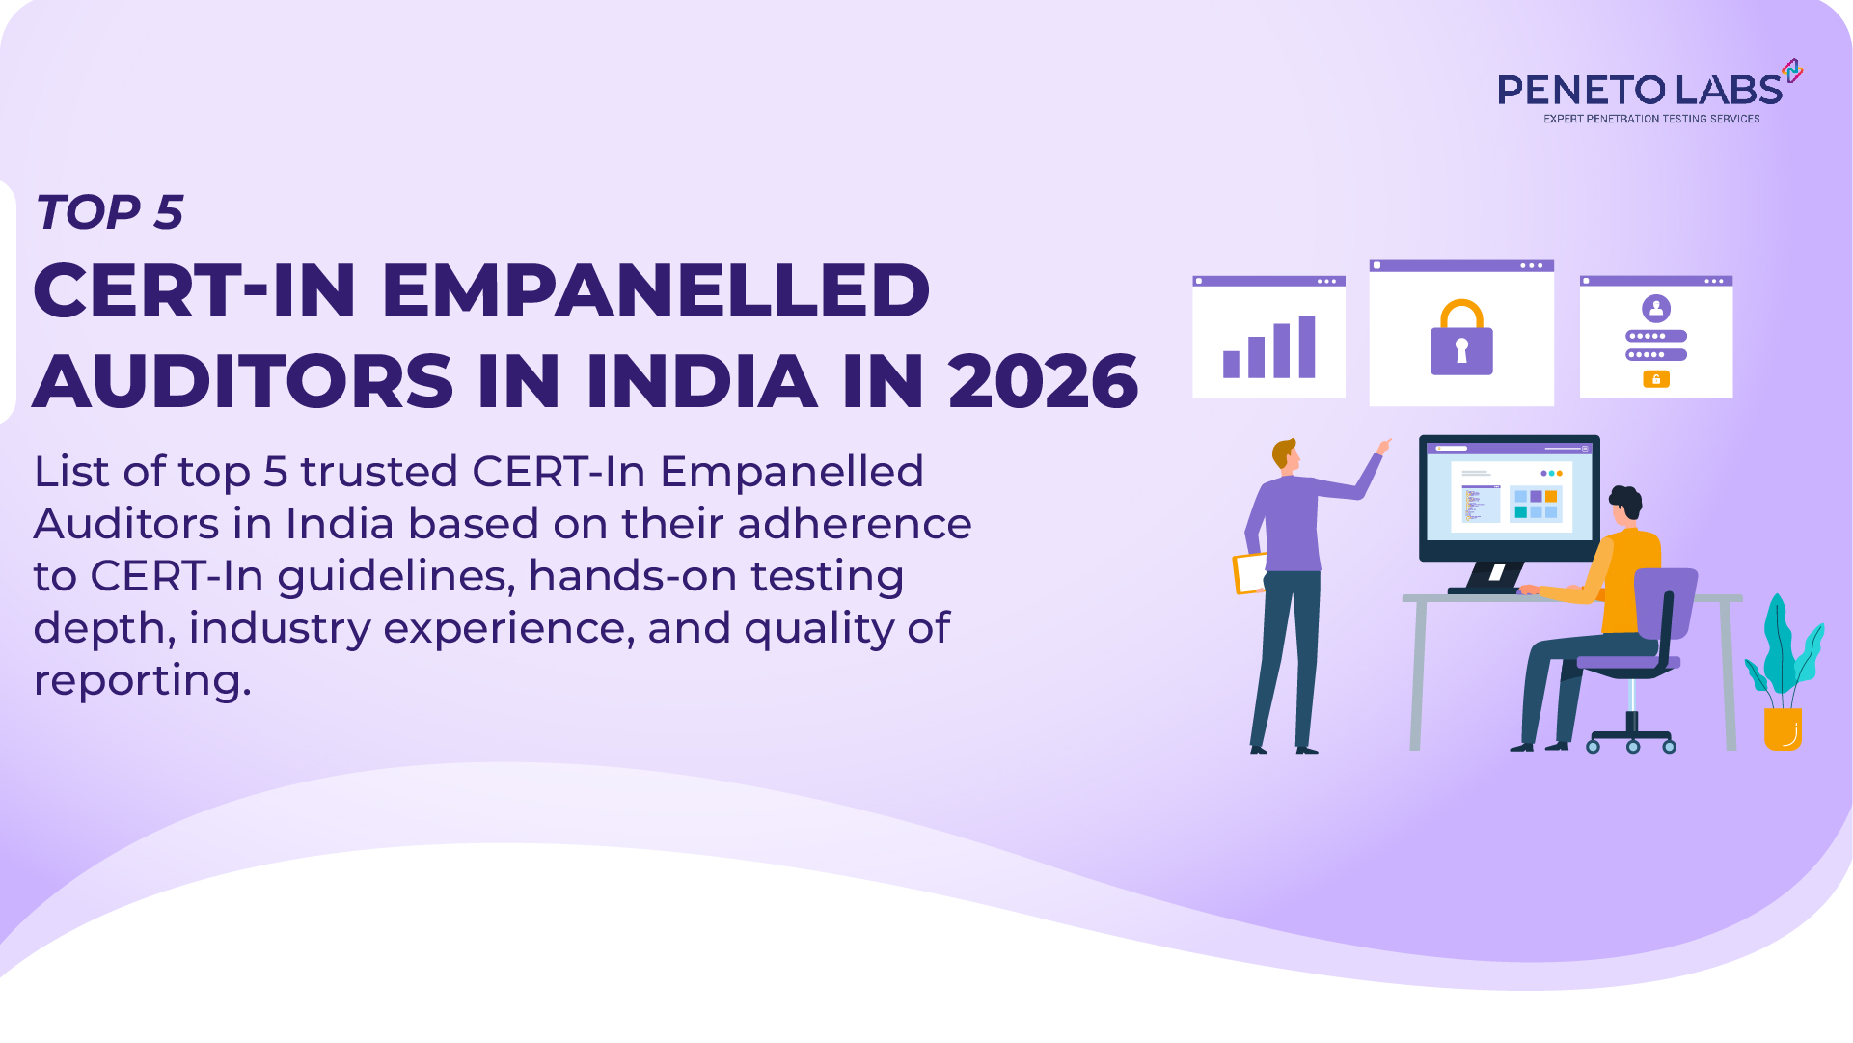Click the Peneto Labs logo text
point(1640,90)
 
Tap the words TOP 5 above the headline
point(109,212)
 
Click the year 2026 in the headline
point(1043,381)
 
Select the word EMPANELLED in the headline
point(656,290)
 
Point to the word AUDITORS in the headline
point(243,381)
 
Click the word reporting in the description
point(142,680)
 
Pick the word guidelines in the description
point(395,576)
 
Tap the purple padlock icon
point(1461,340)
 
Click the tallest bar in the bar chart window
point(1307,346)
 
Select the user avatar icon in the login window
point(1656,309)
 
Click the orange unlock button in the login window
point(1656,379)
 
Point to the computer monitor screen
point(1509,497)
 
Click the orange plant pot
point(1783,729)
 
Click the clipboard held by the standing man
point(1250,573)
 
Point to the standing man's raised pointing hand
point(1384,446)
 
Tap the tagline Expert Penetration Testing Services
point(1651,119)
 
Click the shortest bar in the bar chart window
point(1231,364)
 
